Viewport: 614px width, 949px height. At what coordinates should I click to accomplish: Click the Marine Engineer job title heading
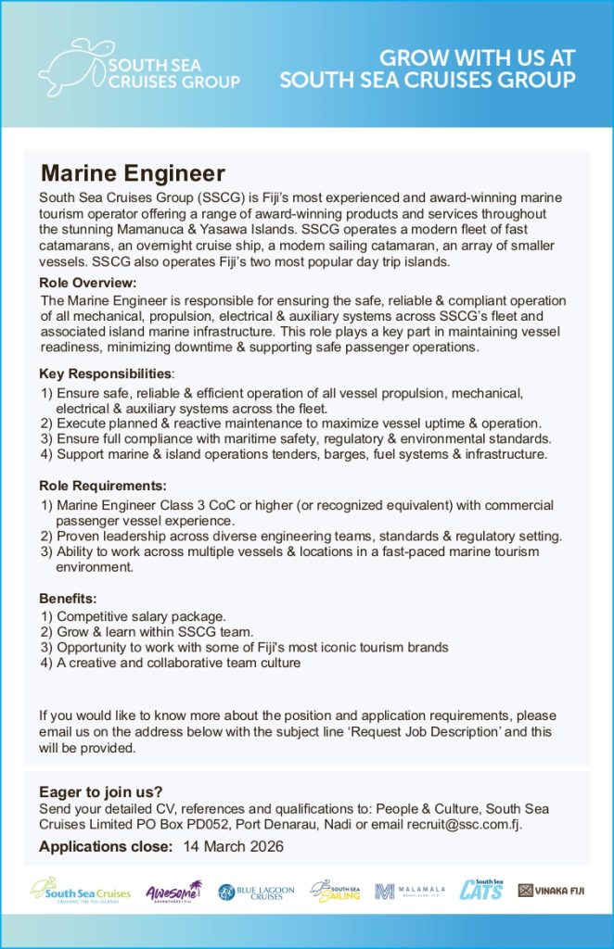pos(133,173)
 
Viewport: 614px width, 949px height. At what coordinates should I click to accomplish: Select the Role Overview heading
pos(88,283)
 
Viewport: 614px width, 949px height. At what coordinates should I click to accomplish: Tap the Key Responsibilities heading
pos(106,373)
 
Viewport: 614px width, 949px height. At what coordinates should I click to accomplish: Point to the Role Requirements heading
pos(103,486)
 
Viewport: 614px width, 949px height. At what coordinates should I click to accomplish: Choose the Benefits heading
pos(68,598)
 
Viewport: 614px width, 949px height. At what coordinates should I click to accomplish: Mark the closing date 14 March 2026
pos(233,847)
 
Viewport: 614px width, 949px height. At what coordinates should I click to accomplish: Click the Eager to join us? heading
pos(101,791)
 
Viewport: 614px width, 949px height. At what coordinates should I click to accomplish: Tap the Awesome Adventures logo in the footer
pos(173,892)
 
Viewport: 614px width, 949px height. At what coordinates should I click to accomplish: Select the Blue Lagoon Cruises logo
pos(256,892)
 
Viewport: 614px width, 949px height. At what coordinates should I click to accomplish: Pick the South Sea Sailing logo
pos(335,892)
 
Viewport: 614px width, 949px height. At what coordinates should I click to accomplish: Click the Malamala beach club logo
pos(410,892)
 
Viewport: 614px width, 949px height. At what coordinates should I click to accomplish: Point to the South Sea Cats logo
pos(481,891)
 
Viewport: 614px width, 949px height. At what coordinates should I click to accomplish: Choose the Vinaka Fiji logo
pos(552,892)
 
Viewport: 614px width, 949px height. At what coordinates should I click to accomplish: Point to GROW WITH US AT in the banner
pos(478,57)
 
